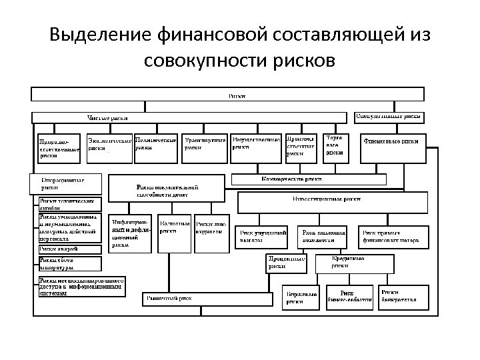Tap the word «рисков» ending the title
pyautogui.click(x=303, y=61)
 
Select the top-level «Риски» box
pyautogui.click(x=237, y=96)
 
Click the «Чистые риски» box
pyautogui.click(x=109, y=118)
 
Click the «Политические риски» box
pyautogui.click(x=155, y=148)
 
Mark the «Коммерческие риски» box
pyautogui.click(x=307, y=179)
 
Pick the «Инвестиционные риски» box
pyautogui.click(x=331, y=201)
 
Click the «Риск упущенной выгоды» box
pyautogui.click(x=263, y=235)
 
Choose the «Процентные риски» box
pyautogui.click(x=287, y=263)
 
